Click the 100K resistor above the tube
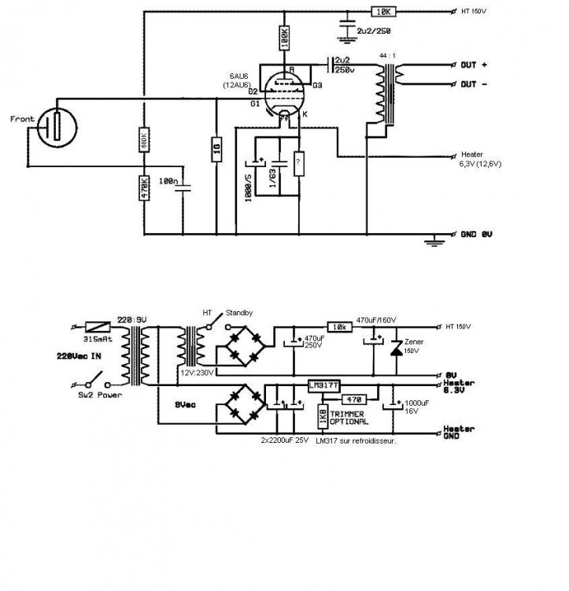coord(284,37)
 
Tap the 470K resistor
coord(144,190)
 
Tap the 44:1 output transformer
coord(388,95)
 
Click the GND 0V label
coord(478,235)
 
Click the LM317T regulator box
coord(323,385)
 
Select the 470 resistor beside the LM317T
coord(352,400)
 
